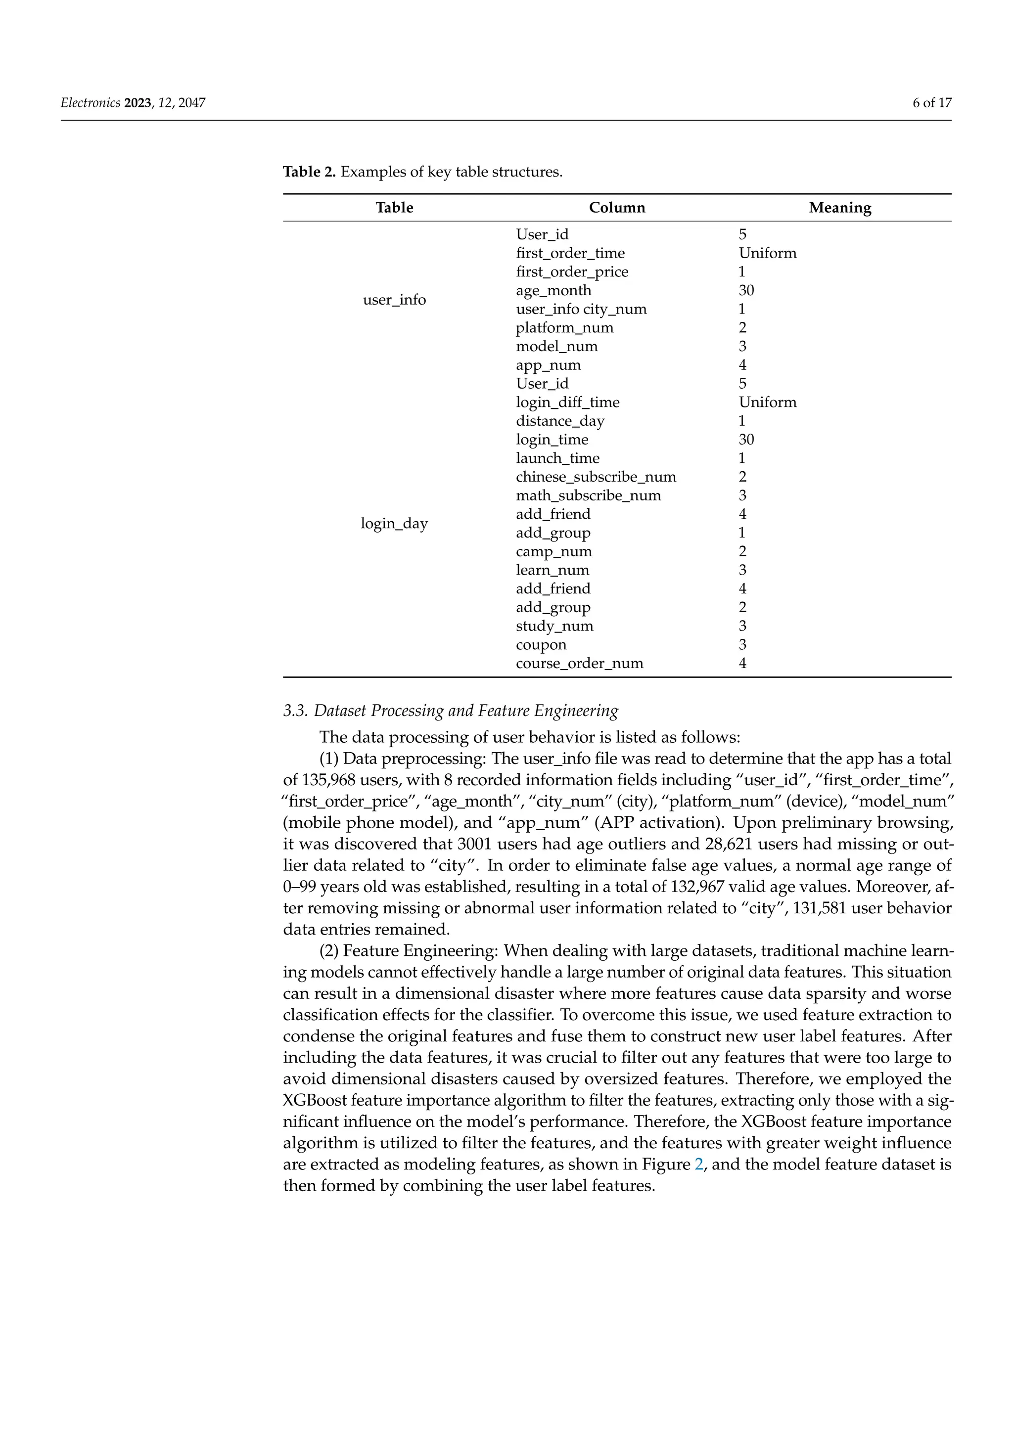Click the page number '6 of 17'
pos(932,103)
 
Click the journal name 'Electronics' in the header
pos(91,103)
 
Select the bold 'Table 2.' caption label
pos(309,172)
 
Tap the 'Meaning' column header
pos(839,208)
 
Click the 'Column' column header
pos(617,208)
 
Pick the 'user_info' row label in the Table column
pos(394,300)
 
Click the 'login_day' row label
pos(394,523)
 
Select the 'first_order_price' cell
pos(572,272)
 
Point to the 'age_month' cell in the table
pos(553,291)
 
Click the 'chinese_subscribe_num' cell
pos(596,477)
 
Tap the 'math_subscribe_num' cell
pos(588,496)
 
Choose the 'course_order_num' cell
pos(580,664)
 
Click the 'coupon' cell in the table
pos(541,645)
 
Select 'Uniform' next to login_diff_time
pos(767,403)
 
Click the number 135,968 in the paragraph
pos(332,780)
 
